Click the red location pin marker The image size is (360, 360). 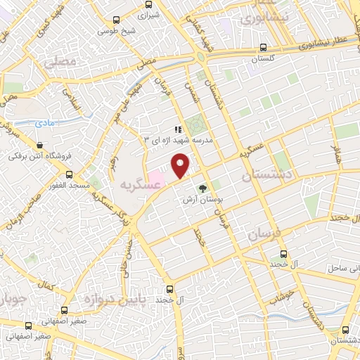click(181, 165)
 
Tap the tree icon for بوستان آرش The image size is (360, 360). click(203, 188)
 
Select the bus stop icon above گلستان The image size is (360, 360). click(263, 48)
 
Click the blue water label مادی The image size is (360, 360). click(44, 122)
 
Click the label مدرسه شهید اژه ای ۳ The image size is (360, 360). click(182, 139)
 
